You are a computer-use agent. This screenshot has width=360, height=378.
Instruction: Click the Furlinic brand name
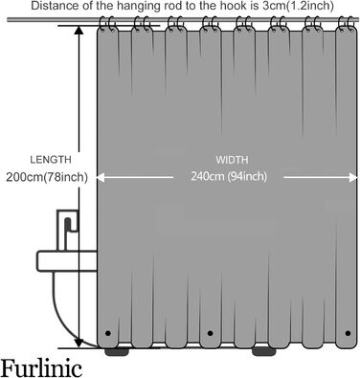[x=48, y=366]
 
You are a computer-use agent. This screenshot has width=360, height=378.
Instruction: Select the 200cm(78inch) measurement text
[x=47, y=176]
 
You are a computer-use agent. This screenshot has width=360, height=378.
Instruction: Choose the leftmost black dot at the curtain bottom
[x=107, y=333]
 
